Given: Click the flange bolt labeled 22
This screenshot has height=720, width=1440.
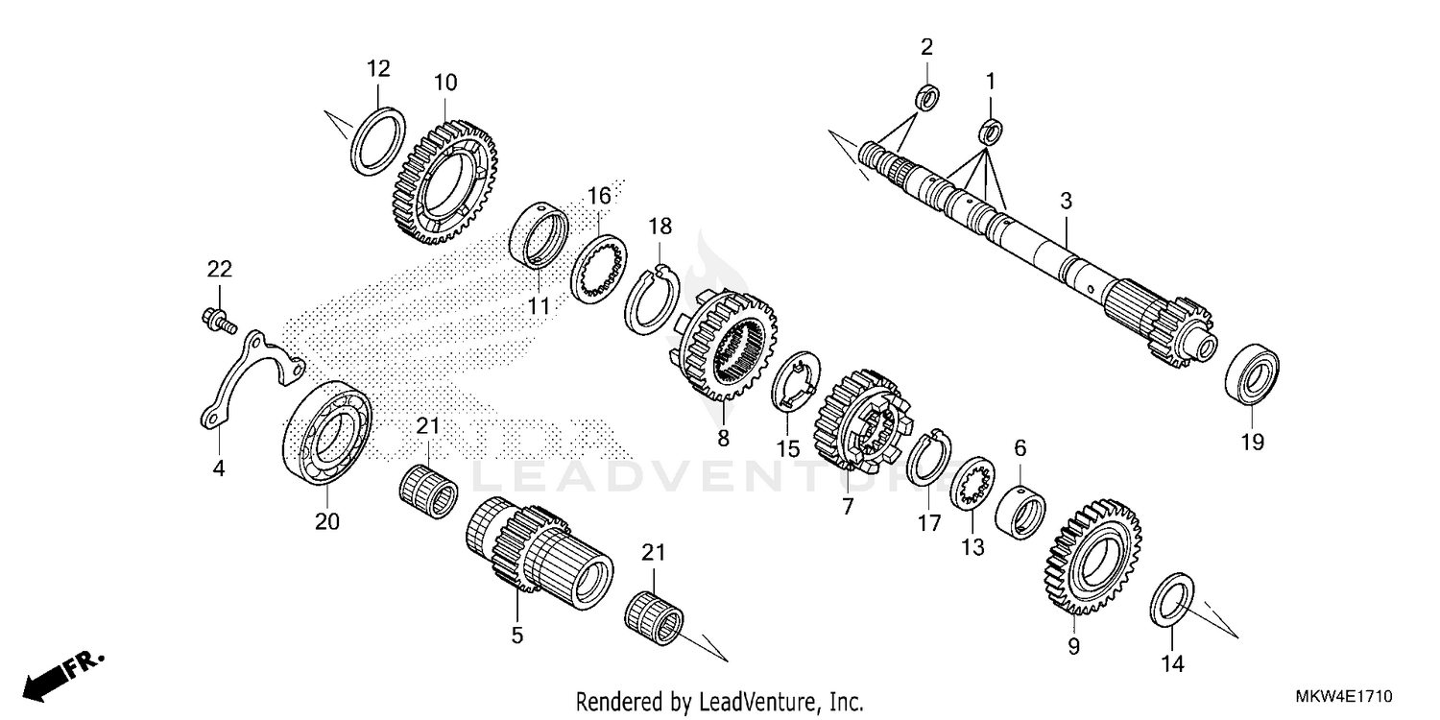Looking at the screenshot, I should click(x=218, y=322).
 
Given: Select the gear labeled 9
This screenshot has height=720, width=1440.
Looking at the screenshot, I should click(x=1088, y=558).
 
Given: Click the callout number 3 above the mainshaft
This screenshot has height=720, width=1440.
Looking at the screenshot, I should click(x=1066, y=201).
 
